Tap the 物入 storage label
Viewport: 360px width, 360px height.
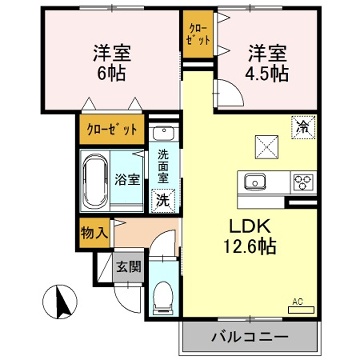94,233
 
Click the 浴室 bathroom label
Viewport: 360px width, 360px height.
126,180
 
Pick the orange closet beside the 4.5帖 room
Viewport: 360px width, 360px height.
195,36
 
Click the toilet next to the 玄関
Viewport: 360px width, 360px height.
164,294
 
